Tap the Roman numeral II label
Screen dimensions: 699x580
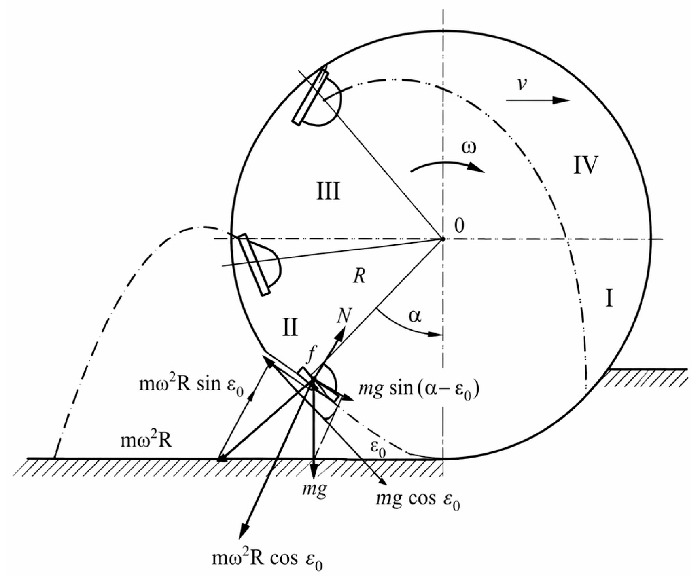[290, 327]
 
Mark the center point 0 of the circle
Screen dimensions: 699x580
[443, 239]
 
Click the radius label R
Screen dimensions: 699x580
[359, 276]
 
